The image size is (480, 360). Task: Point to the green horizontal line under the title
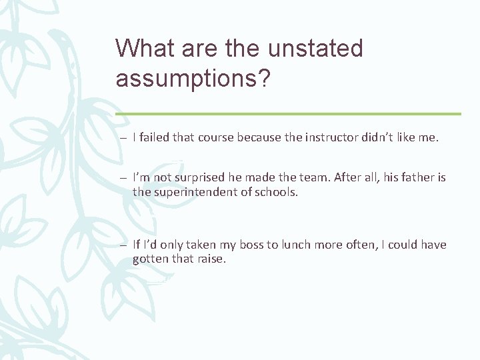point(288,114)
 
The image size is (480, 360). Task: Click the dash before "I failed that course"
point(125,138)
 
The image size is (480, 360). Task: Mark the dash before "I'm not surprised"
point(125,178)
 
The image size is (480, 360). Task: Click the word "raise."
point(211,258)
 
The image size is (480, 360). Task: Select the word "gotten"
point(151,258)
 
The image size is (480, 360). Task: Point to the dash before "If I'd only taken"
point(125,245)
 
